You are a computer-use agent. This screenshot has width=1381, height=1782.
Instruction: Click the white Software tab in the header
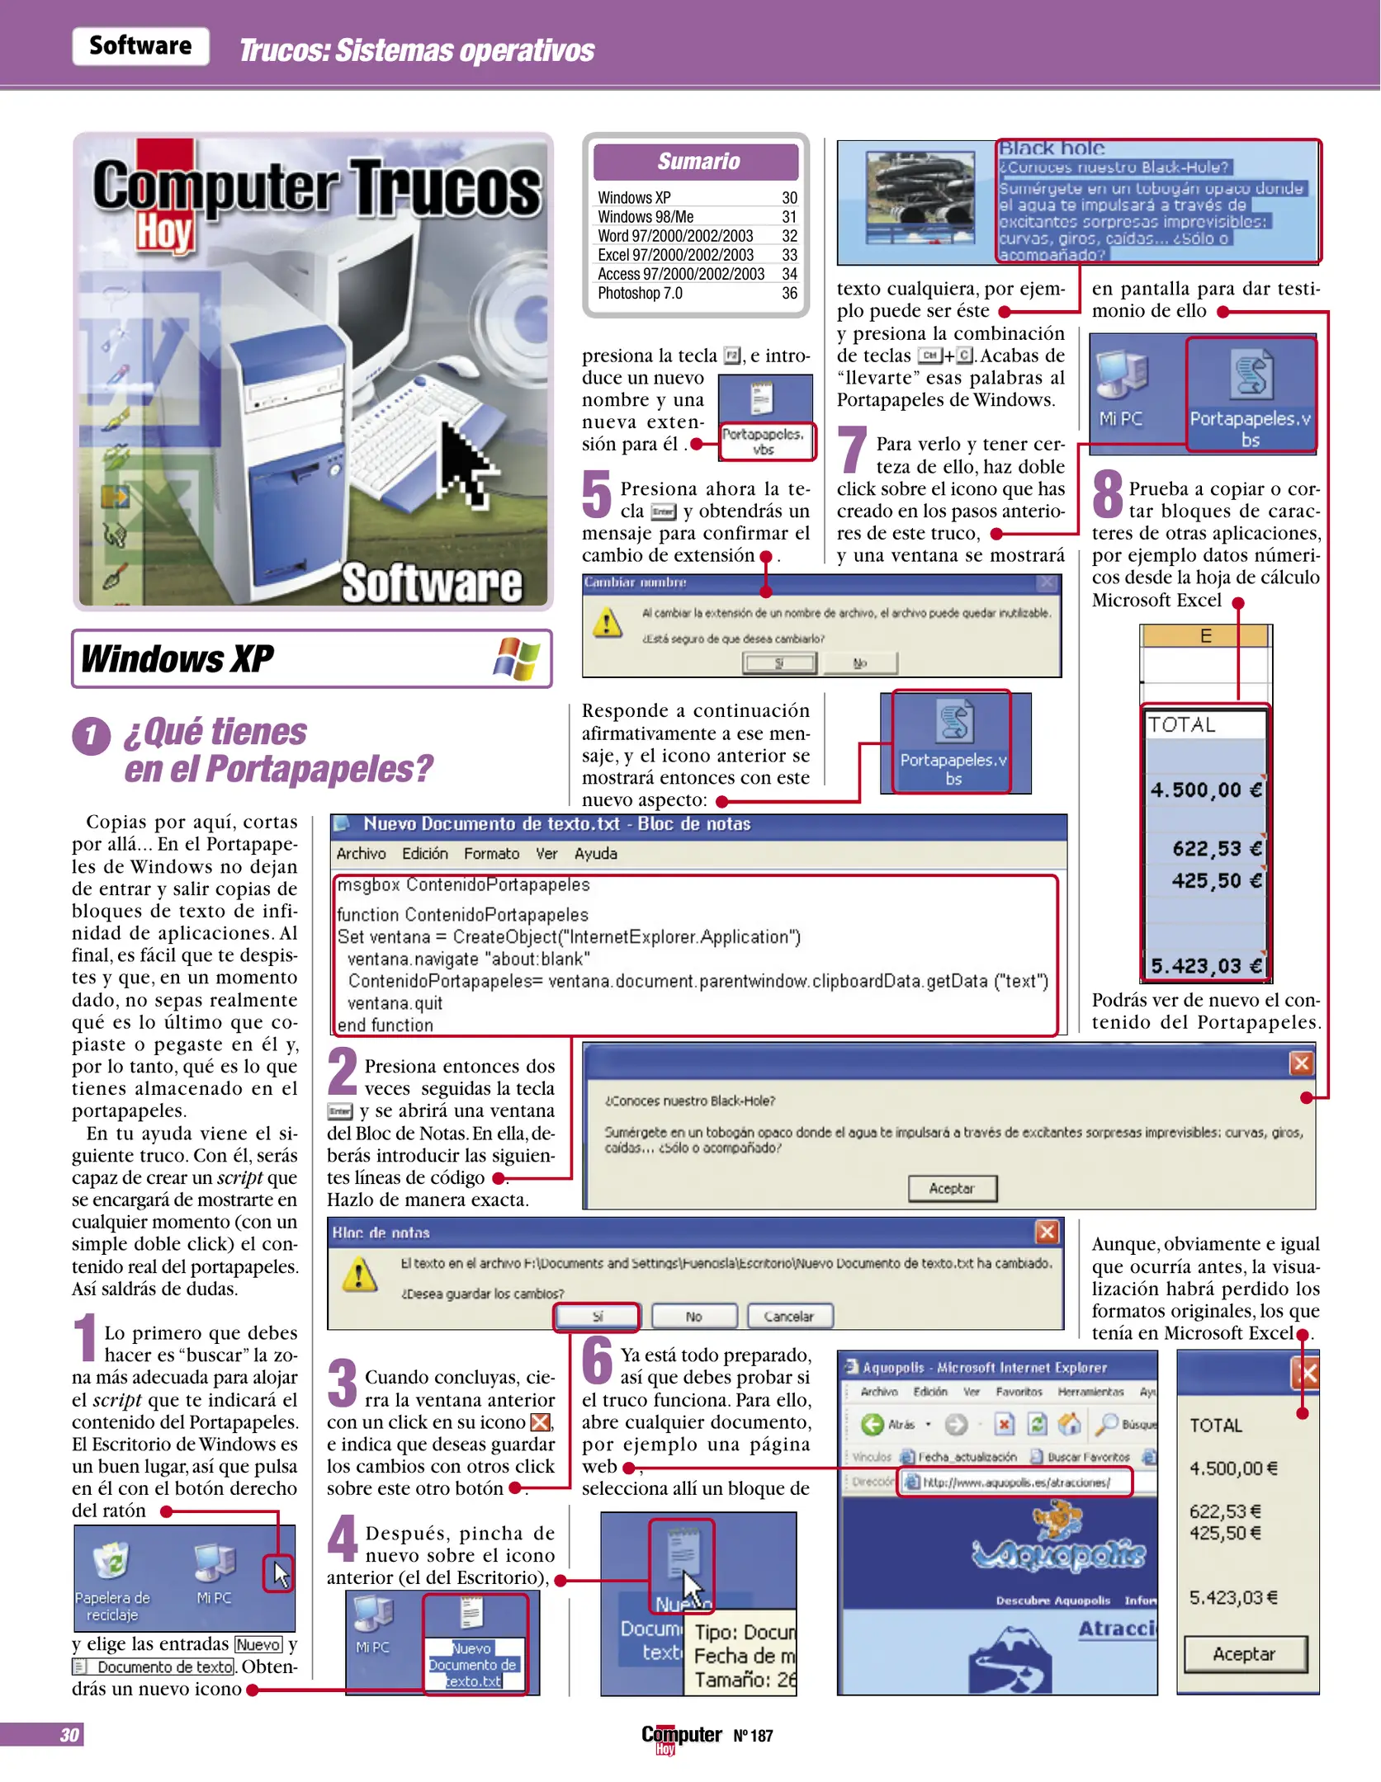140,46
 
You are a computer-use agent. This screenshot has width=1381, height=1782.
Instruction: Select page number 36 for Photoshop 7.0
789,294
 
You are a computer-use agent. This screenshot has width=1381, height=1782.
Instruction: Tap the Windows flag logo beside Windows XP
517,658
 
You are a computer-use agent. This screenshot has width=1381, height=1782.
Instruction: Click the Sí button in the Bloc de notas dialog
597,1317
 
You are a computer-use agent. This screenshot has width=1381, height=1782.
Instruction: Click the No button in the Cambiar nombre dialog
860,663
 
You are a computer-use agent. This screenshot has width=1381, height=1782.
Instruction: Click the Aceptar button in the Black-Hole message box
952,1188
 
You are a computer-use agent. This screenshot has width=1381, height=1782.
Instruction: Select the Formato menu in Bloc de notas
491,854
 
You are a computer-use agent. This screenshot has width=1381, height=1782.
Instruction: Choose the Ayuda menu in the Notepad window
595,854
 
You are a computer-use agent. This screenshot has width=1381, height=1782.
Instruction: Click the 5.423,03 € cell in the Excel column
1206,966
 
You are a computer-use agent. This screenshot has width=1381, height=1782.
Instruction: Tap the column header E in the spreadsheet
1205,636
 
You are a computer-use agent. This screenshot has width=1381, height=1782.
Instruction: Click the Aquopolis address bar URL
1015,1483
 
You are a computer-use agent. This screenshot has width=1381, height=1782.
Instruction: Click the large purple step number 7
853,450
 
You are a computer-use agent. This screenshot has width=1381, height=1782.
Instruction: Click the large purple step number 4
342,1539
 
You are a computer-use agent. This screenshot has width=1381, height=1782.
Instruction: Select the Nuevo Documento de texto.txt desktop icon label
474,1664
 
